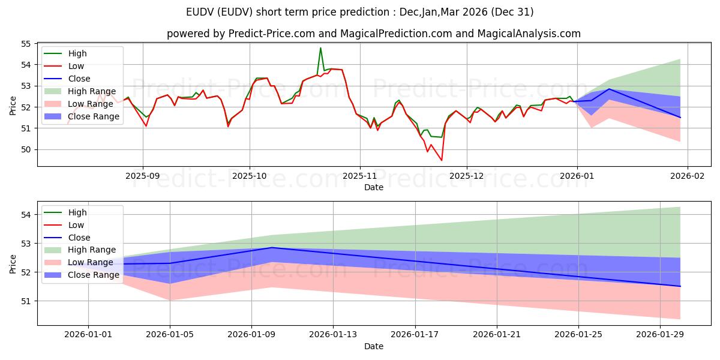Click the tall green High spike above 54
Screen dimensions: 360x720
click(x=320, y=48)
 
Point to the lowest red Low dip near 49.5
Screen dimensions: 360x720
click(x=442, y=160)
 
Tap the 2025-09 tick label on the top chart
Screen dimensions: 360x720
click(x=143, y=176)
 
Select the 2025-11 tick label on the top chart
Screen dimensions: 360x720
click(x=360, y=176)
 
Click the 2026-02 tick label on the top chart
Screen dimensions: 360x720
click(x=687, y=176)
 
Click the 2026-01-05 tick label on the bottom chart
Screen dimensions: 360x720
click(x=170, y=335)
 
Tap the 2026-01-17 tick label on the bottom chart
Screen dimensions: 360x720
click(x=415, y=335)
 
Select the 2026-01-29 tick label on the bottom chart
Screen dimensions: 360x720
click(x=660, y=335)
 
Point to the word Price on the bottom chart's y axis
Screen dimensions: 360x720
click(x=13, y=263)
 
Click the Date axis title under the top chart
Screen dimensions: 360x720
click(x=373, y=187)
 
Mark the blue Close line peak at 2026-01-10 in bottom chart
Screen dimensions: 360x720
click(x=272, y=247)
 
